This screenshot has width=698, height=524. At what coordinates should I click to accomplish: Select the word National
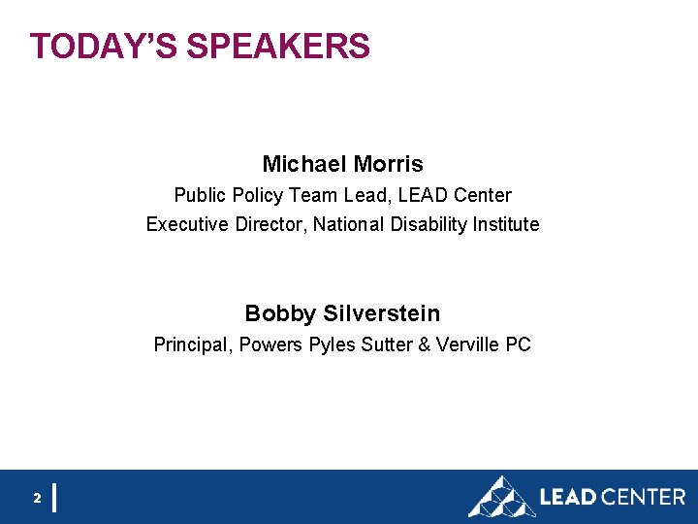348,224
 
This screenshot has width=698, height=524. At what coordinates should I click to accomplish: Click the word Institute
506,224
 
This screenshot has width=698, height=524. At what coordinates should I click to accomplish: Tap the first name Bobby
280,313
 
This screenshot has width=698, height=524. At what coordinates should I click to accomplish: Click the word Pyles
333,344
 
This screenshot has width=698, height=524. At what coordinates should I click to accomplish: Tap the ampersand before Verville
424,344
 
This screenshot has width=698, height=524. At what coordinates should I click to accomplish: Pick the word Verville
466,344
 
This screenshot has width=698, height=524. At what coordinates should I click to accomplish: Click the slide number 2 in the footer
37,498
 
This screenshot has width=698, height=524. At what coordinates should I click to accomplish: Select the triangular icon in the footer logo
500,497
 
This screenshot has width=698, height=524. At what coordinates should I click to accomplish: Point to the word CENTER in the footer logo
643,497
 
